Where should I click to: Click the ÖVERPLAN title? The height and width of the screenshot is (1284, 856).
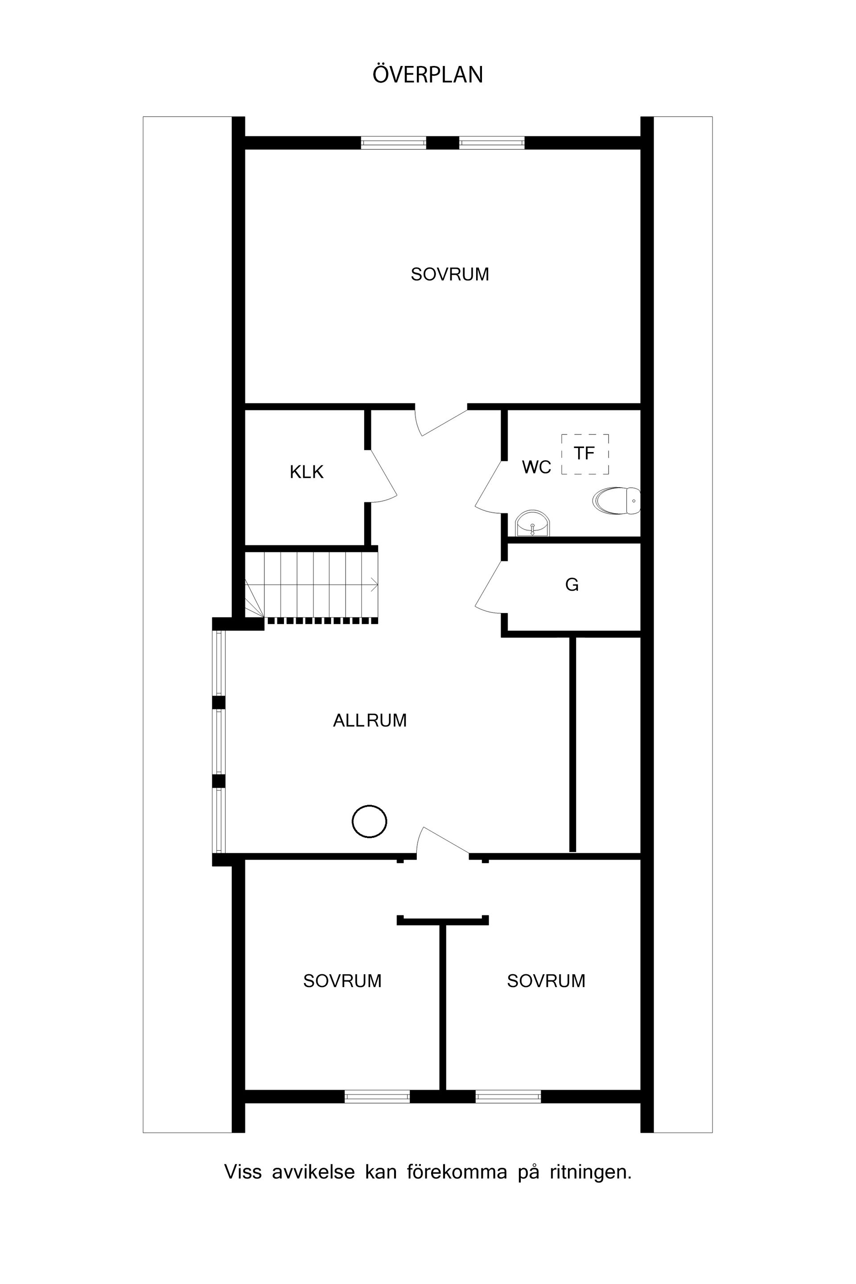(x=428, y=75)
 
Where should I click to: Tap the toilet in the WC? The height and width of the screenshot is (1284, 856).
(x=617, y=501)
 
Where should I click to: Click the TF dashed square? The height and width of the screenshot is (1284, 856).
(x=584, y=454)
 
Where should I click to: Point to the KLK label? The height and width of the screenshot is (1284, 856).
(x=306, y=472)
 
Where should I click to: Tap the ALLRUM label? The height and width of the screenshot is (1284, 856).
(x=370, y=720)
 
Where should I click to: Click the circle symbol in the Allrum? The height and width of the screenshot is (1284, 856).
(x=370, y=820)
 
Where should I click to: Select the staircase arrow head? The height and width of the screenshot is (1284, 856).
(x=375, y=584)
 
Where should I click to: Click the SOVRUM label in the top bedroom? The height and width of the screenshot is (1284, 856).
(x=450, y=274)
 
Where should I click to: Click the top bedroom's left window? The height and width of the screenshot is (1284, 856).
(x=393, y=143)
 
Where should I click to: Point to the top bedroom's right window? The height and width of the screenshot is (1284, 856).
(x=491, y=143)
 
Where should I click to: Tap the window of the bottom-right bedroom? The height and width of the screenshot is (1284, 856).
(x=508, y=1096)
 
